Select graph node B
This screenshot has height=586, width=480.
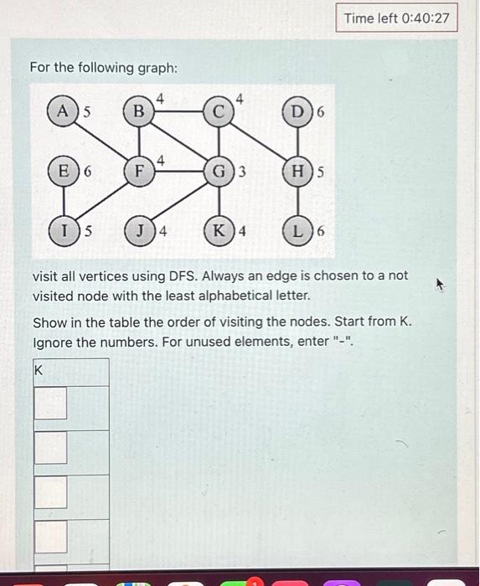pos(139,110)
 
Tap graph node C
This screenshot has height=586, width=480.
pos(219,110)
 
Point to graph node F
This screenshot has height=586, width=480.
pos(139,173)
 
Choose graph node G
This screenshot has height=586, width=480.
pos(219,173)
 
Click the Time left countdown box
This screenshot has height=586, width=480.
pos(397,18)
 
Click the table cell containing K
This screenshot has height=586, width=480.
pos(70,371)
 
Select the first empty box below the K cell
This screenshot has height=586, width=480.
pos(50,405)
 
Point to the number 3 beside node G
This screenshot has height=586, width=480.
pos(241,174)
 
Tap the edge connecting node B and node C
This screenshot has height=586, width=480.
pos(178,110)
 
